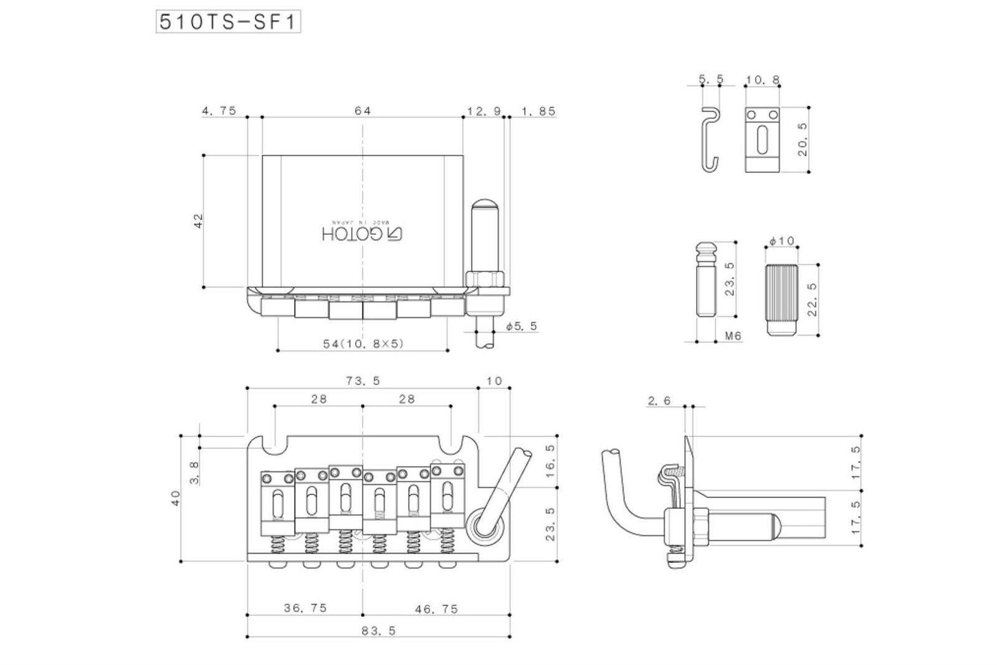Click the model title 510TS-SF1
coord(228,22)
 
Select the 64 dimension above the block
coord(363,111)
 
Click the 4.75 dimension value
coord(219,111)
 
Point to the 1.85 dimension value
coord(538,111)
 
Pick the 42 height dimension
coord(199,221)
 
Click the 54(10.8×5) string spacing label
coord(363,343)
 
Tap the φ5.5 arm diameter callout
coord(522,326)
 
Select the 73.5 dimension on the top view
coord(362,381)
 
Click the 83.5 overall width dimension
coord(379,630)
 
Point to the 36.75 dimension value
coord(305,608)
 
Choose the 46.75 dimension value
coord(436,608)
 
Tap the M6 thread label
coord(733,336)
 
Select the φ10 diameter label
coord(782,241)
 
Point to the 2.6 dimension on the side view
coord(659,401)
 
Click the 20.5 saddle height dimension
coord(803,138)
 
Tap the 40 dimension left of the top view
coord(176,498)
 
